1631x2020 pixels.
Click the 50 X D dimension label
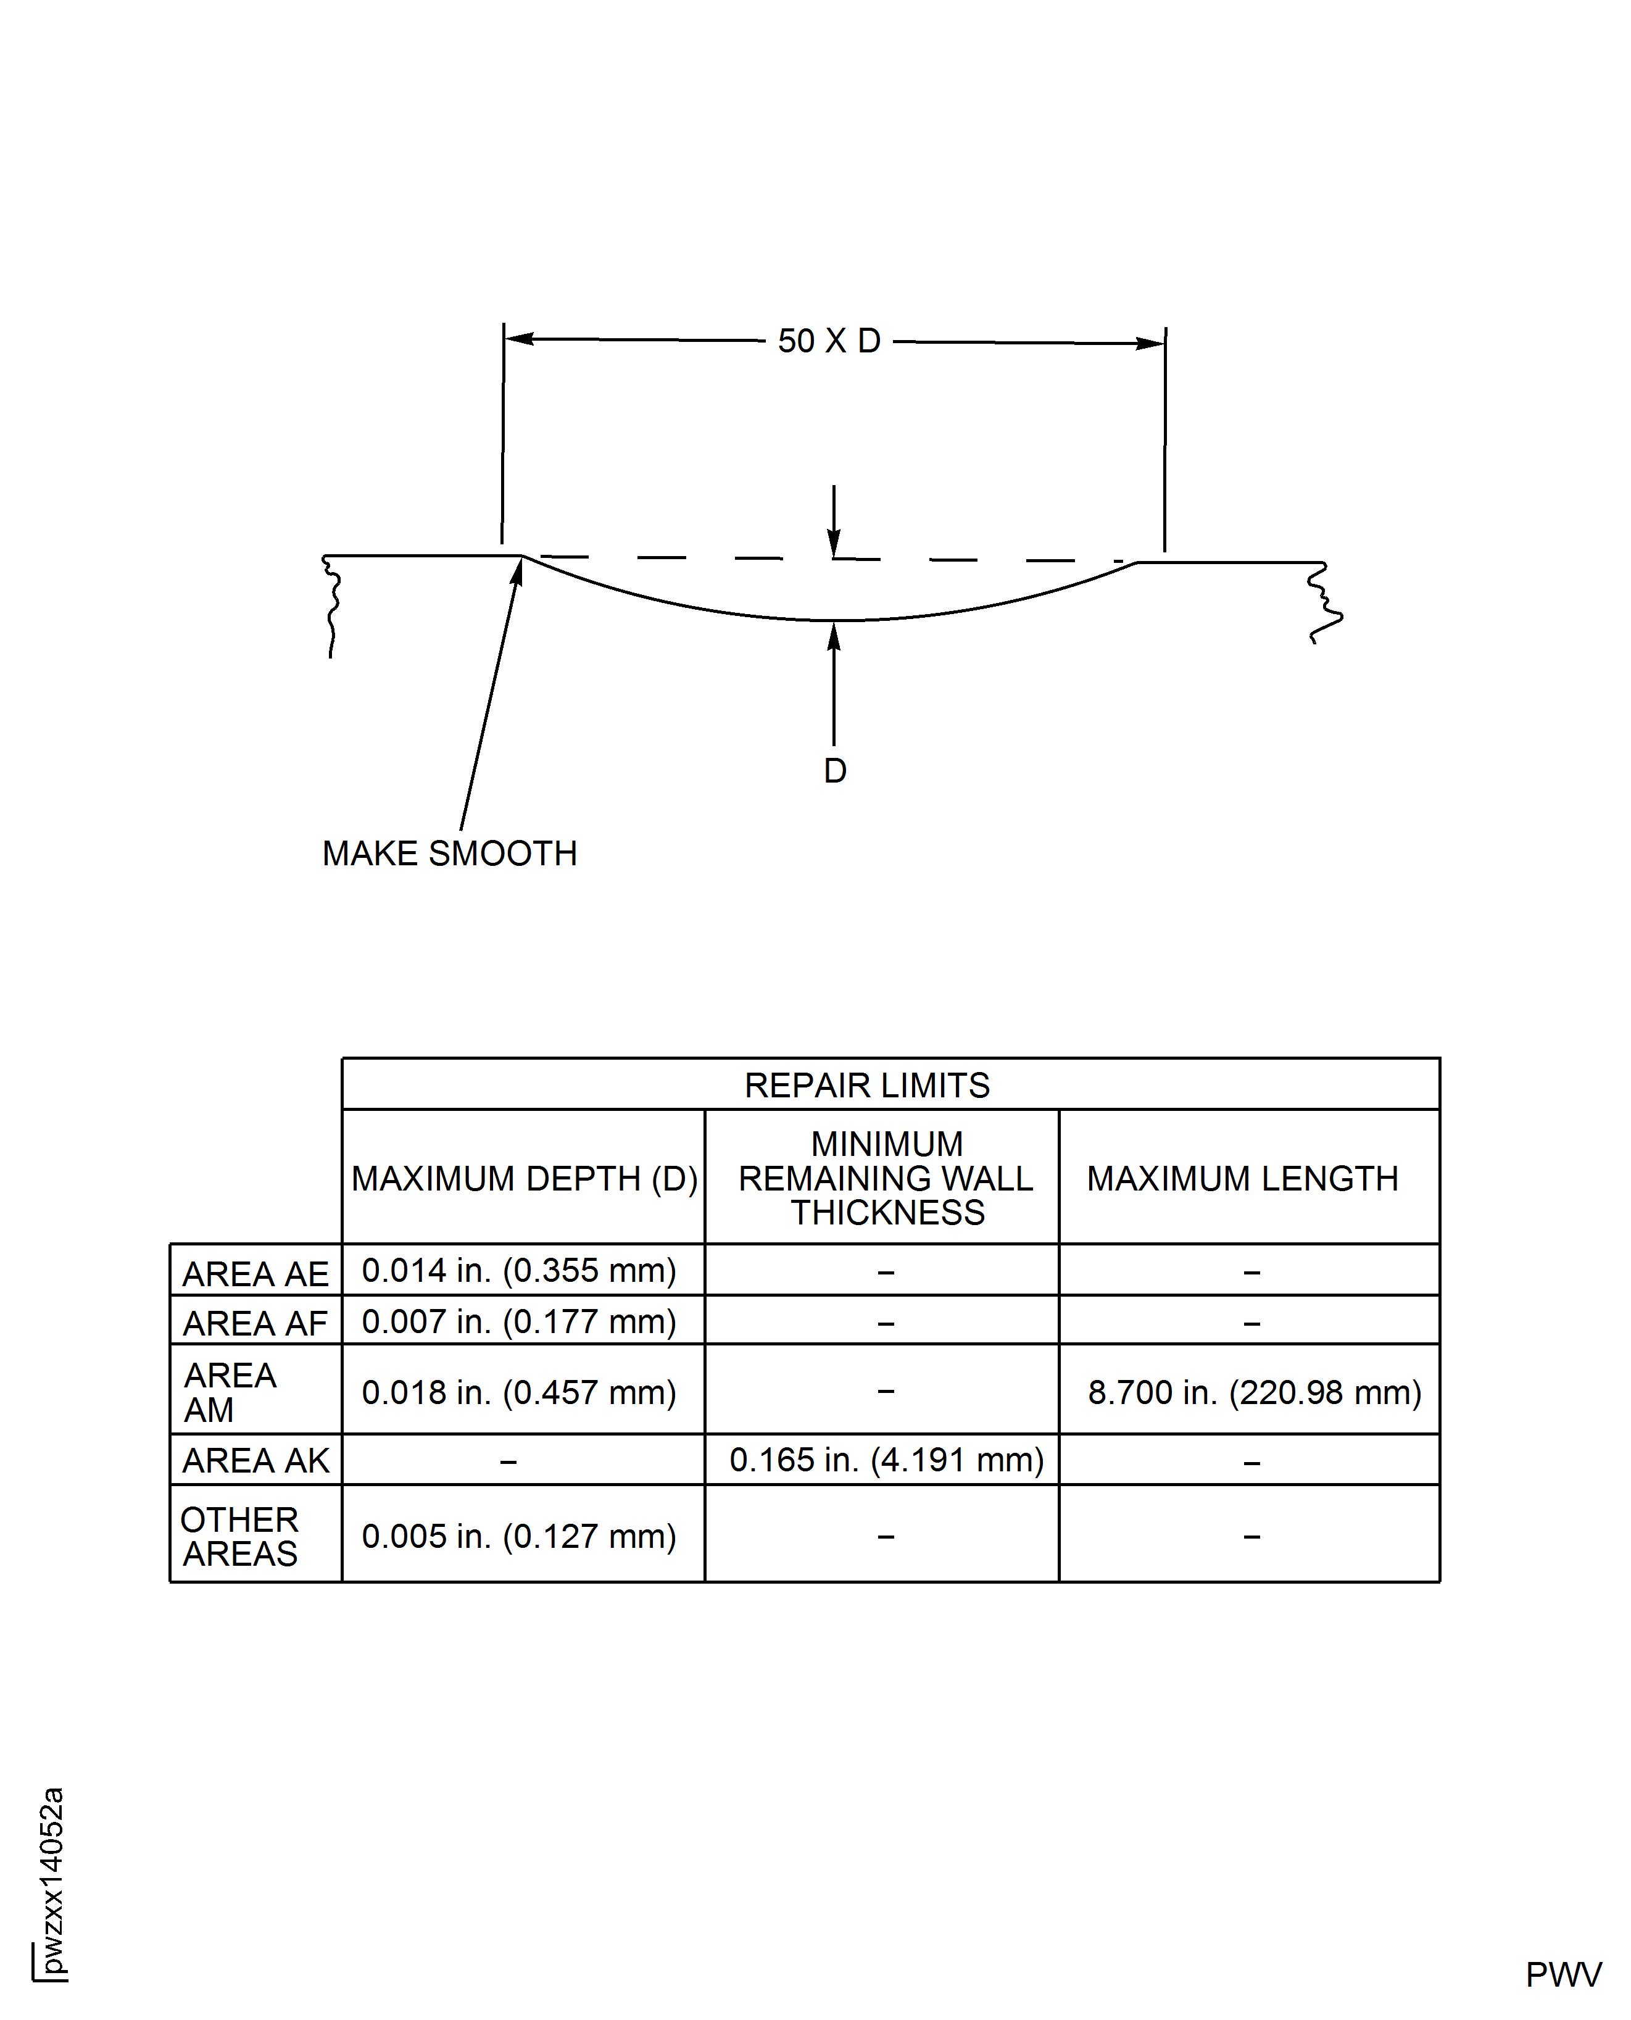tap(829, 341)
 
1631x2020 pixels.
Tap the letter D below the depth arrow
tap(834, 770)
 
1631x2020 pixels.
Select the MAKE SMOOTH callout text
tap(449, 853)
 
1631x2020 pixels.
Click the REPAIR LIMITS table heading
tap(866, 1085)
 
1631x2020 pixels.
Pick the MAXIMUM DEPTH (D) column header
tap(525, 1178)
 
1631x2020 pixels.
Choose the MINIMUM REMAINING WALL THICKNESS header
tap(886, 1178)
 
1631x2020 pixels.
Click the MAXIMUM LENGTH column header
tap(1242, 1178)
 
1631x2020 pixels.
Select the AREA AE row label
tap(255, 1274)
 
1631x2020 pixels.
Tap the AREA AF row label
tap(255, 1323)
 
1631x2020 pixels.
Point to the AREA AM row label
tap(230, 1392)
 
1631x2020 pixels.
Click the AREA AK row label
tap(255, 1460)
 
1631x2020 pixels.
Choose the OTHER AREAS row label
tap(239, 1536)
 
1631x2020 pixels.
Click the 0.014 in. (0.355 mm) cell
tap(518, 1270)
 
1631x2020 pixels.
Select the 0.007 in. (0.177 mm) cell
tap(518, 1321)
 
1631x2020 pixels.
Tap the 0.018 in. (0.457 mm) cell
tap(518, 1392)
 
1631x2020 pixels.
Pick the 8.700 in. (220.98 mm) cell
tap(1254, 1392)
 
